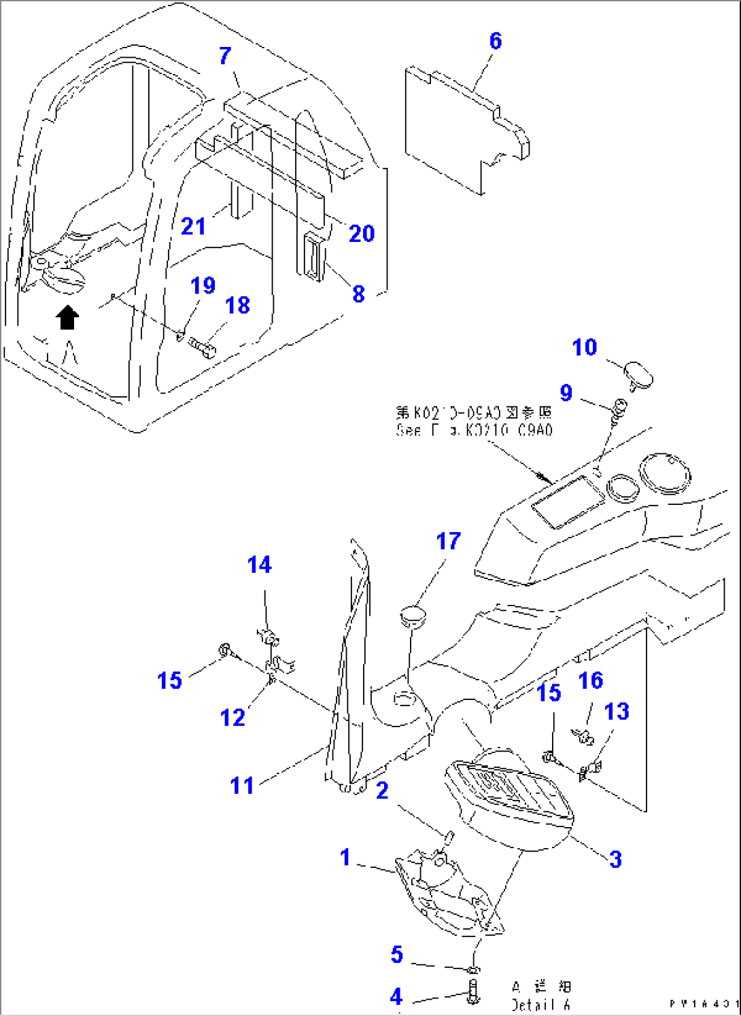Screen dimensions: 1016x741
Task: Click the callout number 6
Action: pos(496,41)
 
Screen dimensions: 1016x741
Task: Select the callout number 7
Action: pos(225,56)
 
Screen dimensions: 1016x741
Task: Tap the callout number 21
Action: pos(193,226)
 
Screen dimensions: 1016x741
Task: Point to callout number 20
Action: pos(362,234)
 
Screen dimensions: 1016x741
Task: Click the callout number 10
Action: pos(585,347)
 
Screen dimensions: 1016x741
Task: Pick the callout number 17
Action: pos(448,541)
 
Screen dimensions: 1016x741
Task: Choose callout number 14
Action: pos(259,565)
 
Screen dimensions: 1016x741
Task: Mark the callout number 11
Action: pos(241,786)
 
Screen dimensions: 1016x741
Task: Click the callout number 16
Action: pos(590,680)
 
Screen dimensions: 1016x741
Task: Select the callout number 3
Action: pos(615,859)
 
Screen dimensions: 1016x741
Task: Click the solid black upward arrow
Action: pos(67,317)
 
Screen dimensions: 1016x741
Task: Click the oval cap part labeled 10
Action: pos(638,374)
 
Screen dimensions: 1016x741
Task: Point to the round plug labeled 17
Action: pos(411,616)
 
